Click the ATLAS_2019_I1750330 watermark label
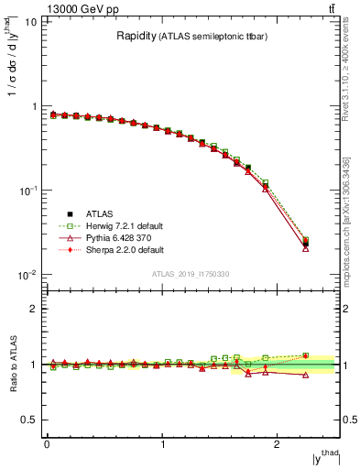pyautogui.click(x=190, y=274)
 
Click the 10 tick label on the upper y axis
pyautogui.click(x=29, y=22)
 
